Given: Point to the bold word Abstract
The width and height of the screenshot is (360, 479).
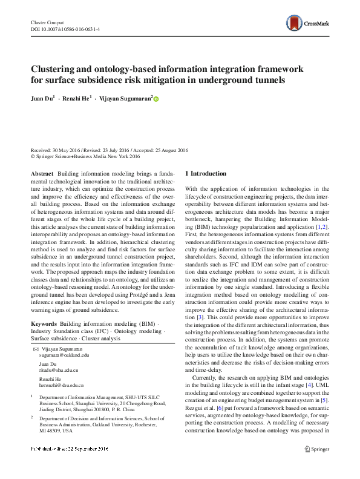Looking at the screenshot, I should pyautogui.click(x=42, y=174).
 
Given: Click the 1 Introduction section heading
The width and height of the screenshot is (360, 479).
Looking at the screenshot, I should pyautogui.click(x=205, y=174).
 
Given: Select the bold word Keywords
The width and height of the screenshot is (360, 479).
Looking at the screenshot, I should pyautogui.click(x=44, y=324).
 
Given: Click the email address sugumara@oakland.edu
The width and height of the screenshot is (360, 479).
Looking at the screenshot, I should pyautogui.click(x=64, y=355).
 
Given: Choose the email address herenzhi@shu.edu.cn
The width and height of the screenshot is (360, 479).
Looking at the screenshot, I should pyautogui.click(x=62, y=385).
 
